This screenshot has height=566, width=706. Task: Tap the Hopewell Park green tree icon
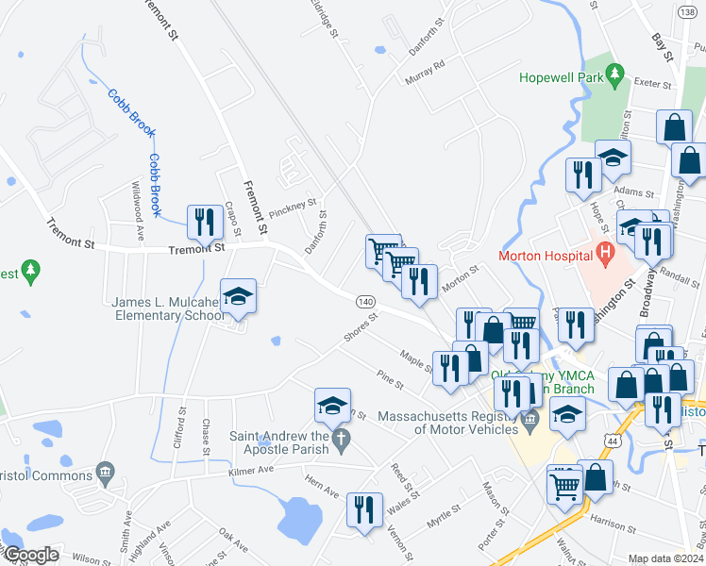click(616, 73)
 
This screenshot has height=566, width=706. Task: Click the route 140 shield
click(366, 301)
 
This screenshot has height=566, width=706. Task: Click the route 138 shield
click(686, 10)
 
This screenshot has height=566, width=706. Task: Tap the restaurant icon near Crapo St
click(205, 222)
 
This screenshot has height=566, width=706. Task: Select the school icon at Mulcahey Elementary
click(239, 296)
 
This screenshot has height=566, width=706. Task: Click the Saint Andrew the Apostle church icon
click(343, 438)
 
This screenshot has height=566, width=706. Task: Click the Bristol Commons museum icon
click(106, 471)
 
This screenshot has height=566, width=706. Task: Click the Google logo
click(30, 555)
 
